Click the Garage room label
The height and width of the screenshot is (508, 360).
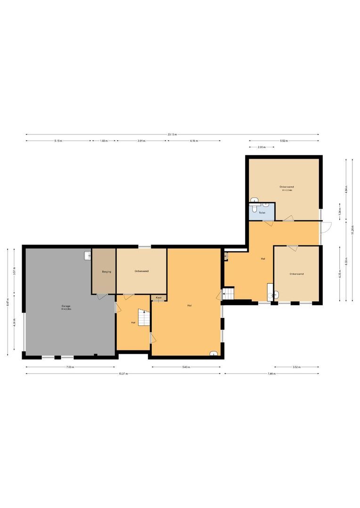66,306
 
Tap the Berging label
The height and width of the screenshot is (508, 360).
103,272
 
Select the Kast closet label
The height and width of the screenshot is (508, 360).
159,298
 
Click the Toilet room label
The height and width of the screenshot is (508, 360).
262,213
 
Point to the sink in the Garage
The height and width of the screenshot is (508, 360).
88,256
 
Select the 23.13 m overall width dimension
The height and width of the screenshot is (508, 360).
172,135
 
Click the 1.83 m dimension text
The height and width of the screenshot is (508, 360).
104,141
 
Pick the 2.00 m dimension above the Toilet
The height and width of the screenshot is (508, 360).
261,148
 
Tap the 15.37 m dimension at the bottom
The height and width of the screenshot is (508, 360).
123,373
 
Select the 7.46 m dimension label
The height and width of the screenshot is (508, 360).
271,373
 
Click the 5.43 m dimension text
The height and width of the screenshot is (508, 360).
186,367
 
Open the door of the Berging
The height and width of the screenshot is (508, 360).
101,297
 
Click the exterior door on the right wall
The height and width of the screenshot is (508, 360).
325,231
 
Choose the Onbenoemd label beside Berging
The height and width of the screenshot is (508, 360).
141,271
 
